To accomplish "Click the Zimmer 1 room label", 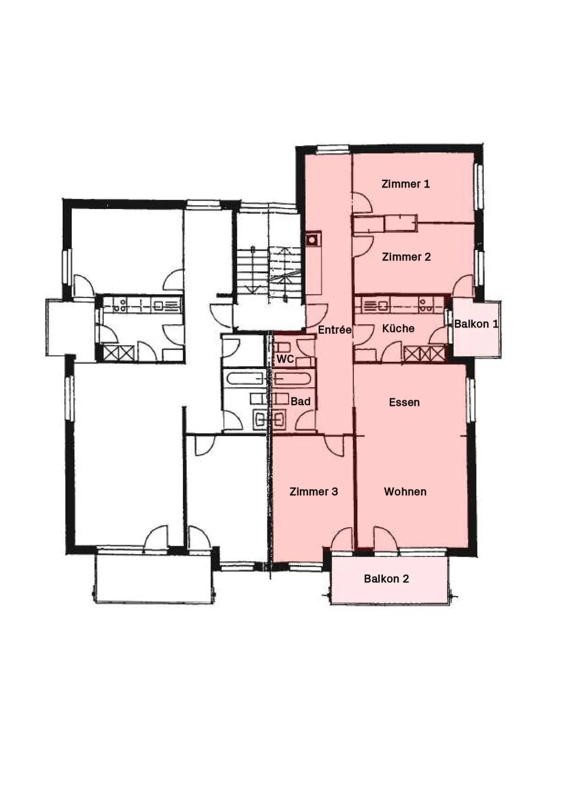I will coord(405,184).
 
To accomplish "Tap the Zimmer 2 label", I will coord(406,257).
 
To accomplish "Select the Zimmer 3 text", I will coord(313,491).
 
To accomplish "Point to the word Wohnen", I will coord(405,491).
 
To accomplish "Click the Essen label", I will coord(404,402).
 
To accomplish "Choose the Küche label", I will coord(398,328).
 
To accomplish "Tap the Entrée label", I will coord(334,330).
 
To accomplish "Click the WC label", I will coord(285,359).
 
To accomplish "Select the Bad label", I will coord(300,401).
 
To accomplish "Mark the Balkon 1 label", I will coord(476,324).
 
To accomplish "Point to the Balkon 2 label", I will coord(386,578).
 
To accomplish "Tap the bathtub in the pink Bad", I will coord(293,379).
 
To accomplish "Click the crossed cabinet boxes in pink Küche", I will coord(425,353).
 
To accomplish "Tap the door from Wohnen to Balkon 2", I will coord(385,539).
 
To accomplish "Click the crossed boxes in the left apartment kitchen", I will coord(118,352).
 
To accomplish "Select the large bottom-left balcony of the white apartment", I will coord(154,577).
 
